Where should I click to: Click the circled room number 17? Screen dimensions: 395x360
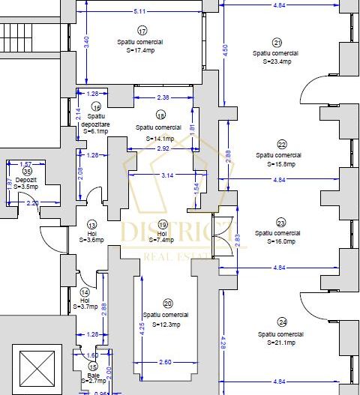coord(142,31)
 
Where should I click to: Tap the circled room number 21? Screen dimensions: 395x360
coord(277,43)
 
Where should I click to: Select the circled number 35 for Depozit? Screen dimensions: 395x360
coord(28,172)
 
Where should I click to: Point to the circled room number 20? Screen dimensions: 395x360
coord(167,304)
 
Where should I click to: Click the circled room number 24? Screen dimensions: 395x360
coord(282,322)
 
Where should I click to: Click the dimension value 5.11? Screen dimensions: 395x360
coord(139,11)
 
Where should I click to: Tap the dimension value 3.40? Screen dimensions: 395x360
coord(86,43)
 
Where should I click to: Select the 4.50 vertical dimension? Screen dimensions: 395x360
coord(224,49)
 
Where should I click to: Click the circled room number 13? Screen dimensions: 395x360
coord(92,224)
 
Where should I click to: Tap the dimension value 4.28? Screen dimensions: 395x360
coord(224,343)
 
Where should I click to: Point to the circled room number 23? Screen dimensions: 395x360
coord(281,223)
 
